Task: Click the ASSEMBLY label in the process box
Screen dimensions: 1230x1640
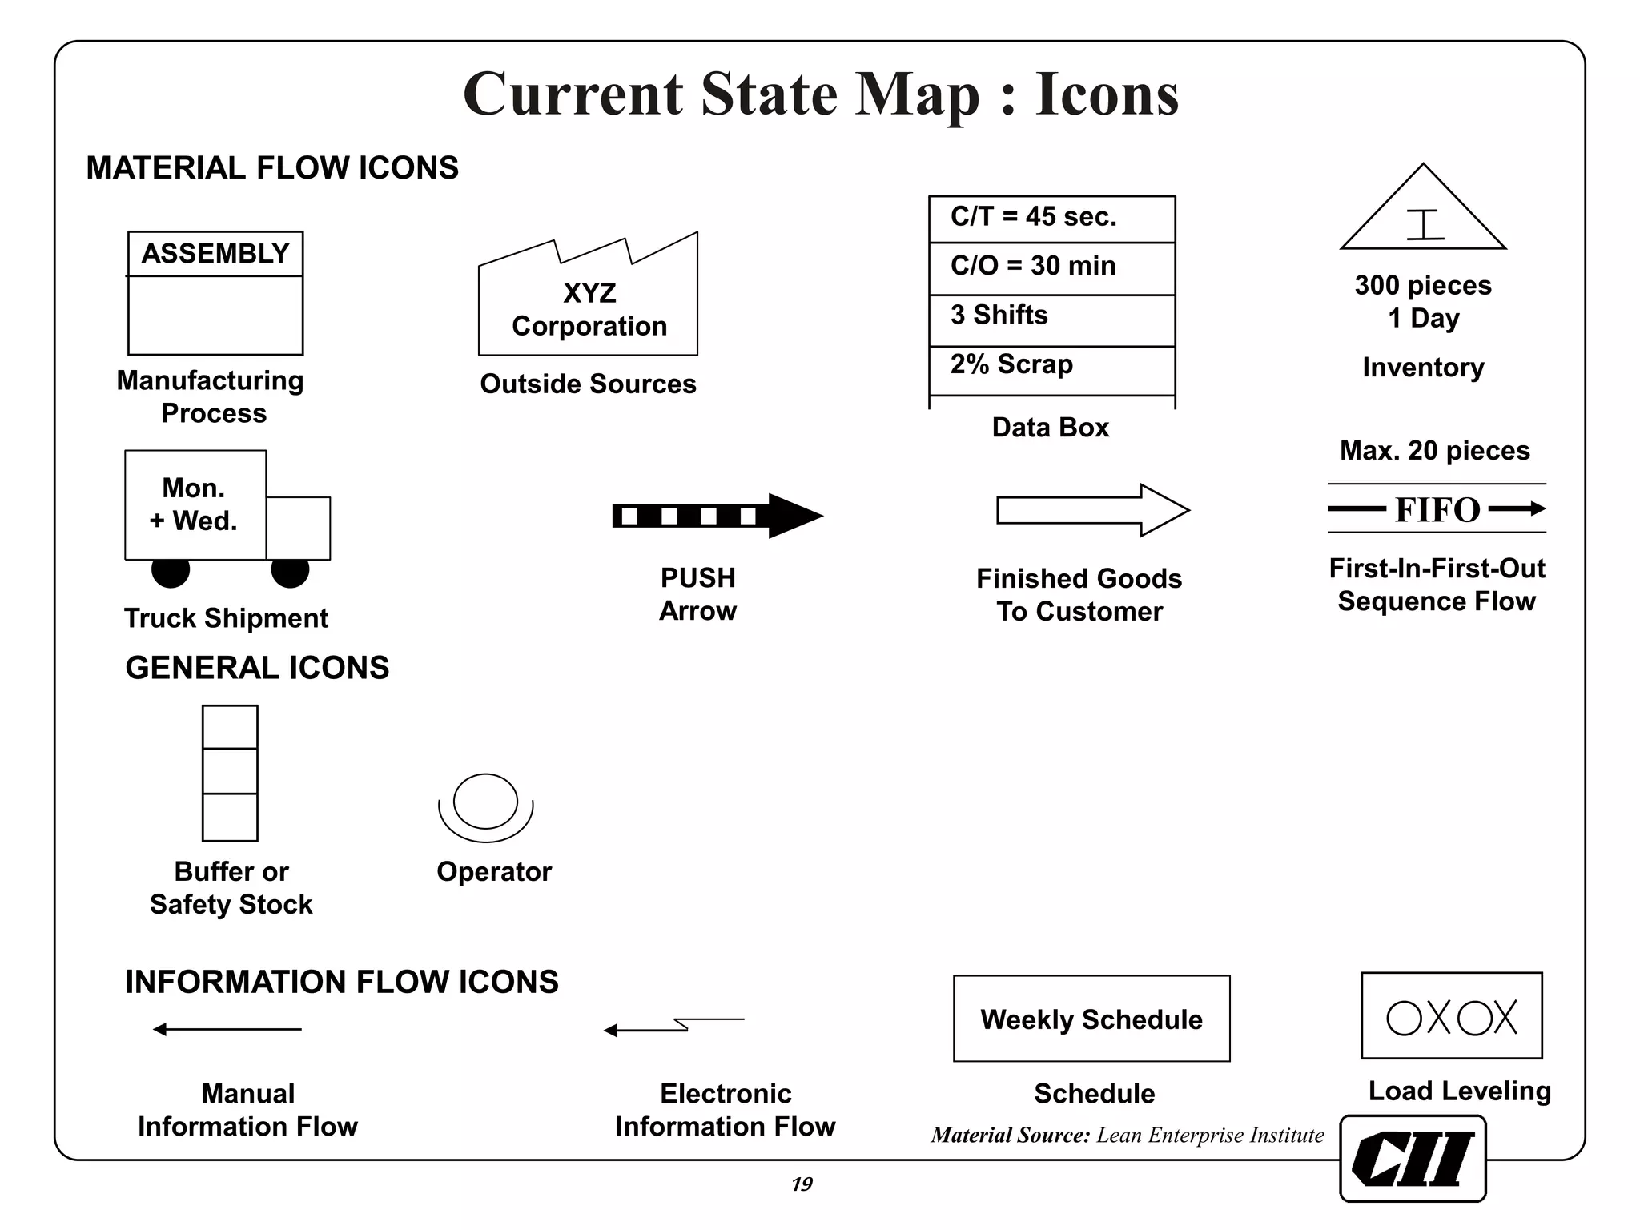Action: click(x=215, y=254)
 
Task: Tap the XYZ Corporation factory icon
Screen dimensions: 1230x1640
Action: click(x=589, y=307)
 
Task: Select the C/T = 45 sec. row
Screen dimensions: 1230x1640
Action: click(x=1051, y=218)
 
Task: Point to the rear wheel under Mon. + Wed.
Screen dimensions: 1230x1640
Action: click(x=171, y=571)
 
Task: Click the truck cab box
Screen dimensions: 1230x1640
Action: click(x=298, y=528)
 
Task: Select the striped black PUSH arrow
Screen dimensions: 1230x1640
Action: click(x=716, y=516)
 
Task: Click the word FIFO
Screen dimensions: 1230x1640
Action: click(x=1437, y=510)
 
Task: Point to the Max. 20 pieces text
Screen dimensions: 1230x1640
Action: click(x=1435, y=451)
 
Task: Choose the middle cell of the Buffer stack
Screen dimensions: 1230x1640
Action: click(x=230, y=771)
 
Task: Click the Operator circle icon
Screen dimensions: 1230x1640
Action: click(x=485, y=803)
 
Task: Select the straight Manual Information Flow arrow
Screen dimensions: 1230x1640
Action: click(x=227, y=1029)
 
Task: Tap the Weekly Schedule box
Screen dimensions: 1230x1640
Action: click(x=1091, y=1019)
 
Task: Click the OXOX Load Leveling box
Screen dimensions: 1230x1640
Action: click(x=1451, y=1016)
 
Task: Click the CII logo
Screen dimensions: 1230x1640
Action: click(x=1413, y=1159)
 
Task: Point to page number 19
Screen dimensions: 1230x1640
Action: click(x=802, y=1184)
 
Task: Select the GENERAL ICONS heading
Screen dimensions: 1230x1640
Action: click(x=257, y=668)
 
